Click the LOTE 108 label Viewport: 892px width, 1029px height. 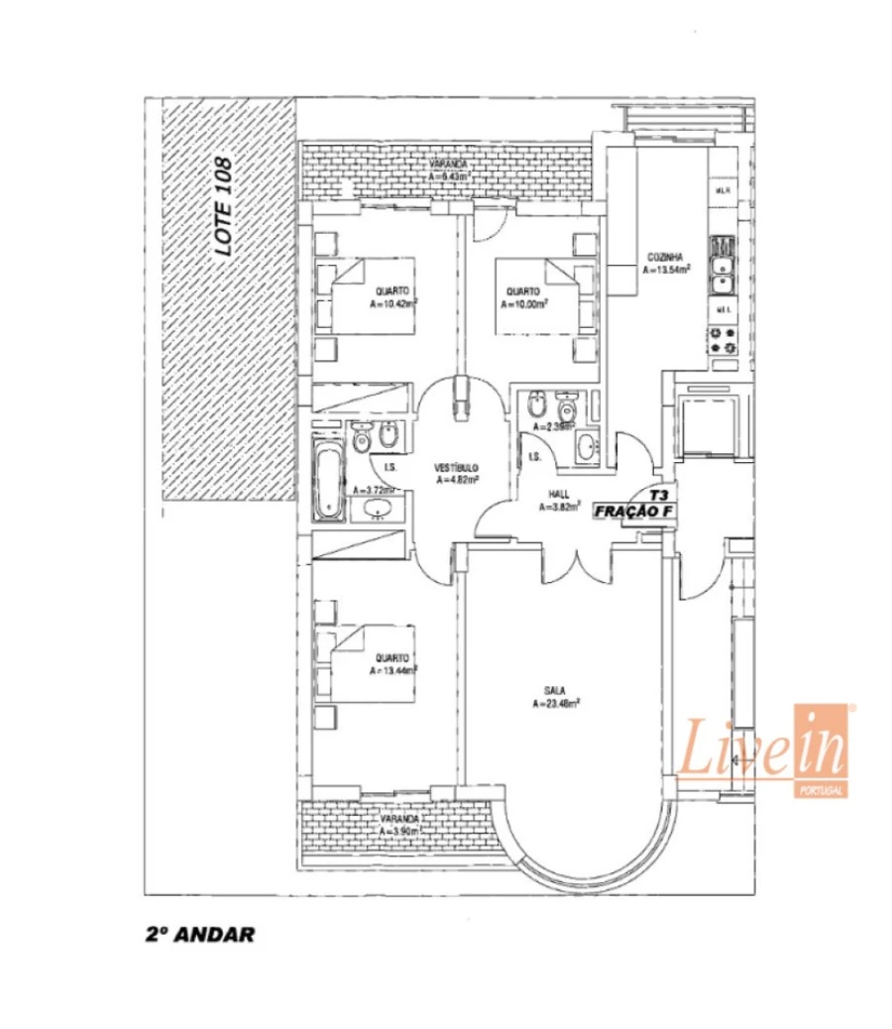click(x=224, y=207)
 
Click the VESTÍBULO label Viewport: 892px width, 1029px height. click(x=458, y=467)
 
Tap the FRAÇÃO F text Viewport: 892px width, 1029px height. click(x=635, y=512)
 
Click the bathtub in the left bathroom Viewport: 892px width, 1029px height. click(x=327, y=483)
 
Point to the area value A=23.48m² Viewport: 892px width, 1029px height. click(x=555, y=706)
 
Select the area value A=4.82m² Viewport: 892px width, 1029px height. click(x=458, y=480)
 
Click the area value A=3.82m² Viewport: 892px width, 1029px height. click(x=558, y=507)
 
